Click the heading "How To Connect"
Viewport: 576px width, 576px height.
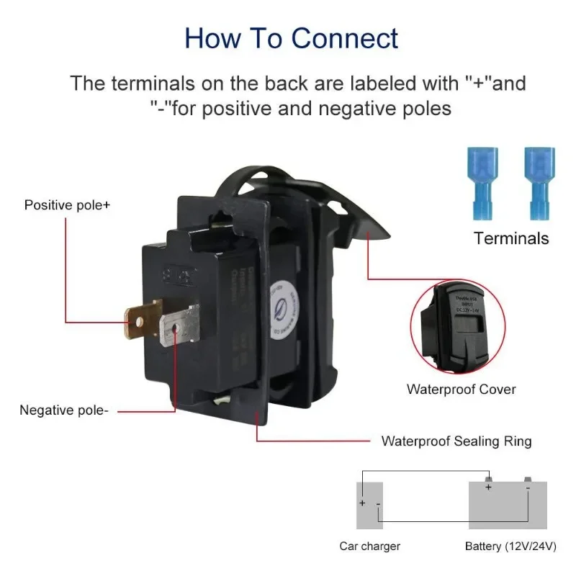pyautogui.click(x=291, y=37)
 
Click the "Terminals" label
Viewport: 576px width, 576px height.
pyautogui.click(x=511, y=238)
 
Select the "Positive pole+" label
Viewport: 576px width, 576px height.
pyautogui.click(x=68, y=205)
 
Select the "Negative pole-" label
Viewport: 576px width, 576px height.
pyautogui.click(x=64, y=410)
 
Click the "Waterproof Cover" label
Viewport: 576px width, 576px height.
pyautogui.click(x=461, y=390)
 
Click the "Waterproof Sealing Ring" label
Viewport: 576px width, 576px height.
pyautogui.click(x=456, y=441)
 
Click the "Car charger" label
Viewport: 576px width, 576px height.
pyautogui.click(x=369, y=546)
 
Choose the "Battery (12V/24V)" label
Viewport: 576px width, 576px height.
pyautogui.click(x=510, y=546)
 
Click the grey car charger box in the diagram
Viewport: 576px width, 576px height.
pyautogui.click(x=369, y=505)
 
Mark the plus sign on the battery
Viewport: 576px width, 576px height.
pyautogui.click(x=488, y=487)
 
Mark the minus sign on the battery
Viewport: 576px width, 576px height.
pyautogui.click(x=527, y=488)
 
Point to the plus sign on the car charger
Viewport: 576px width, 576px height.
pyautogui.click(x=363, y=503)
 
